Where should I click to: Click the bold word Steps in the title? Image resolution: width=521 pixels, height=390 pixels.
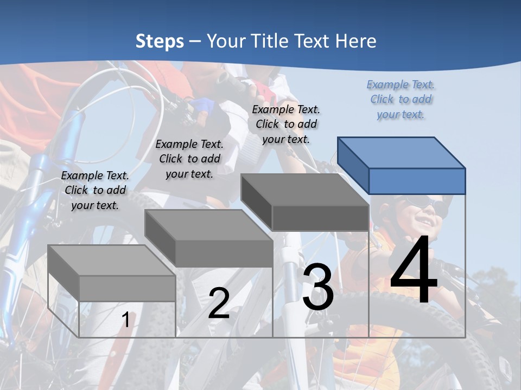(160, 41)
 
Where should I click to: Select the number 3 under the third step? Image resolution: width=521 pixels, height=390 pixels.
(317, 287)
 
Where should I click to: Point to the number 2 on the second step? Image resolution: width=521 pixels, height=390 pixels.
(219, 303)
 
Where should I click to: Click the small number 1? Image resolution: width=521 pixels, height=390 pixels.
(125, 320)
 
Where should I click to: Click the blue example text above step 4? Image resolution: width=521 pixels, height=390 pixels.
(401, 100)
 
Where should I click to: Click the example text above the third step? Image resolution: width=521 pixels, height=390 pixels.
(286, 124)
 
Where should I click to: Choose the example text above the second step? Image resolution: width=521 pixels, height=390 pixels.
(189, 159)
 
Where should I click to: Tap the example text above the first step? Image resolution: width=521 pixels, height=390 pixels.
(95, 190)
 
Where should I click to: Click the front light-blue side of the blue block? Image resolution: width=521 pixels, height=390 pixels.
(417, 181)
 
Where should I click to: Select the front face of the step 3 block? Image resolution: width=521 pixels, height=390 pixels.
(320, 218)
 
